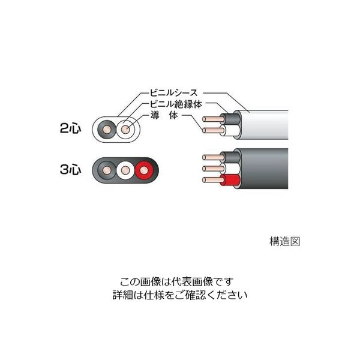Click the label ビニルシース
pyautogui.click(x=173, y=93)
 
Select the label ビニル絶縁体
pyautogui.click(x=176, y=104)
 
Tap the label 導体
pyautogui.click(x=164, y=115)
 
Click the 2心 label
pyautogui.click(x=70, y=128)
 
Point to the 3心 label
pyautogui.click(x=70, y=170)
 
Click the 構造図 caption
pyautogui.click(x=284, y=242)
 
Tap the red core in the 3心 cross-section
pyautogui.click(x=144, y=170)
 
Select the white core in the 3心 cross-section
pyautogui.click(x=125, y=170)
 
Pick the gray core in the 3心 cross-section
pyautogui.click(x=107, y=170)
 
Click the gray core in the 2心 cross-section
pyautogui.click(x=107, y=130)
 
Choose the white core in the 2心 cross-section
pyautogui.click(x=125, y=130)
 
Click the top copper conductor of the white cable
pyautogui.click(x=213, y=119)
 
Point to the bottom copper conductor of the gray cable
pyautogui.click(x=213, y=180)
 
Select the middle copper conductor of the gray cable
pyautogui.click(x=213, y=169)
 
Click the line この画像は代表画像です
pyautogui.click(x=177, y=282)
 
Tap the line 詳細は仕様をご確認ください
pyautogui.click(x=180, y=295)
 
